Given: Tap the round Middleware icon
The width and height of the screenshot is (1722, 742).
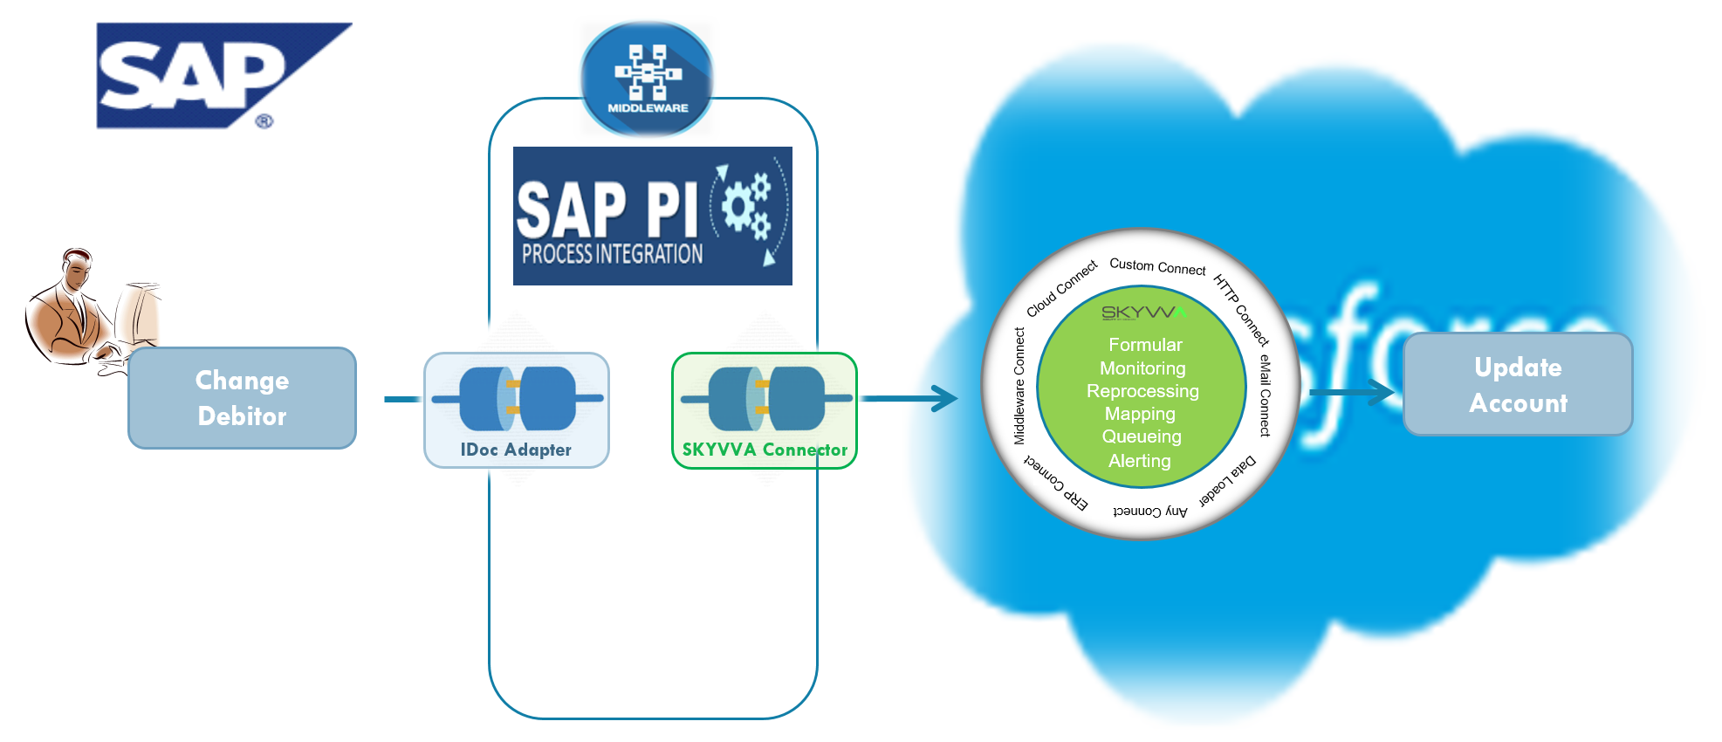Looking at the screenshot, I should click(x=647, y=79).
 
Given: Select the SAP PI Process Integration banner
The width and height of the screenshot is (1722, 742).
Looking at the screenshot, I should click(x=652, y=216).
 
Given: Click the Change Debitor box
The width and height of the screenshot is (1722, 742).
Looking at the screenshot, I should click(x=242, y=398).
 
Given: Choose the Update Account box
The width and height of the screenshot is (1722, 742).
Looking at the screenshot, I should click(x=1517, y=385).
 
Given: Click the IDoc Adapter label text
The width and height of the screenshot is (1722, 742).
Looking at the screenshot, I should click(x=516, y=450).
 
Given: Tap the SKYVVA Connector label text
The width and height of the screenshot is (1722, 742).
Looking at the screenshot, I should click(x=765, y=450).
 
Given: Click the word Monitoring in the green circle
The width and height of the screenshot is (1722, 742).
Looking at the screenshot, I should click(x=1142, y=368).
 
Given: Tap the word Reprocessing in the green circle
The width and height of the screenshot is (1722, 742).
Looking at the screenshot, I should click(x=1142, y=391).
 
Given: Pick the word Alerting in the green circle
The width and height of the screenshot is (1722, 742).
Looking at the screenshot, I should click(x=1140, y=461).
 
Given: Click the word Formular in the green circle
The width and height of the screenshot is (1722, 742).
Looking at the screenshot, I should click(x=1145, y=345).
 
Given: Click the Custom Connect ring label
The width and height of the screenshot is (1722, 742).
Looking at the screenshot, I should click(x=1157, y=266).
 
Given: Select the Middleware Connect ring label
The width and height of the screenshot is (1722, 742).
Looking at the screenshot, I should click(x=1019, y=386).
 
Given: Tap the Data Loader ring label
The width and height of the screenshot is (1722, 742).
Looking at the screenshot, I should click(x=1228, y=482).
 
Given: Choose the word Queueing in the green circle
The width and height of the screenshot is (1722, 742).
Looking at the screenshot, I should click(x=1142, y=436).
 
